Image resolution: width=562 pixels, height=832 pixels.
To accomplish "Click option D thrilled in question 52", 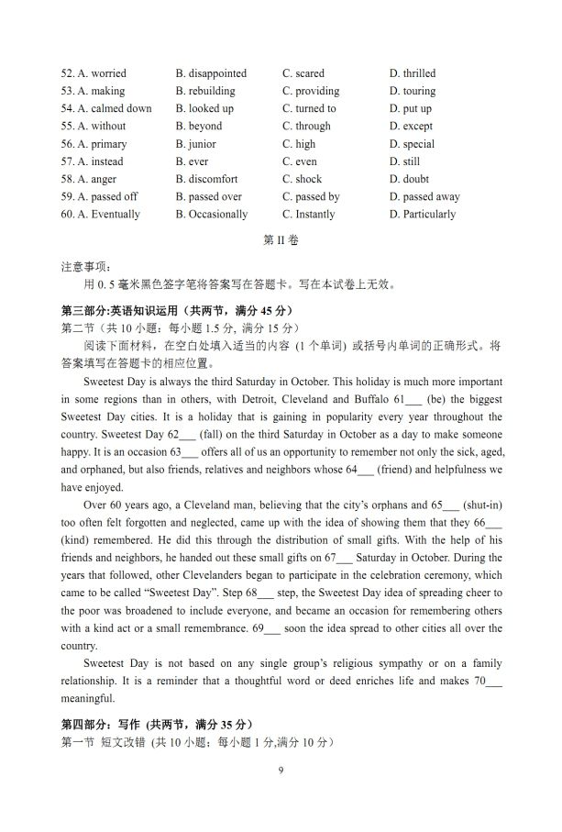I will pos(413,73).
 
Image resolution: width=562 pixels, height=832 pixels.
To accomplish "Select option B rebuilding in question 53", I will pos(205,91).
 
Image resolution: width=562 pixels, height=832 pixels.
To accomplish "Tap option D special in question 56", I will pos(412,144).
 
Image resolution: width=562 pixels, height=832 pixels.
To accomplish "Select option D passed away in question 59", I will pos(424,196).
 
